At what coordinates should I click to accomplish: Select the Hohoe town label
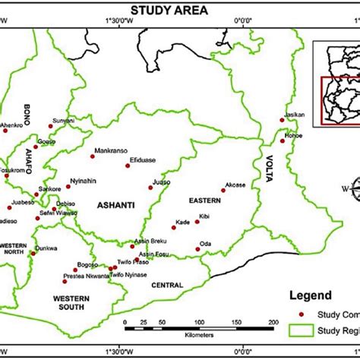click(293, 134)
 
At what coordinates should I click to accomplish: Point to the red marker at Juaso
click(150, 188)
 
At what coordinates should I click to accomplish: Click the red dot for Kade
click(196, 222)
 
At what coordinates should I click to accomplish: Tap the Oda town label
click(204, 243)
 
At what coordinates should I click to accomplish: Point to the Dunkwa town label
click(46, 248)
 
